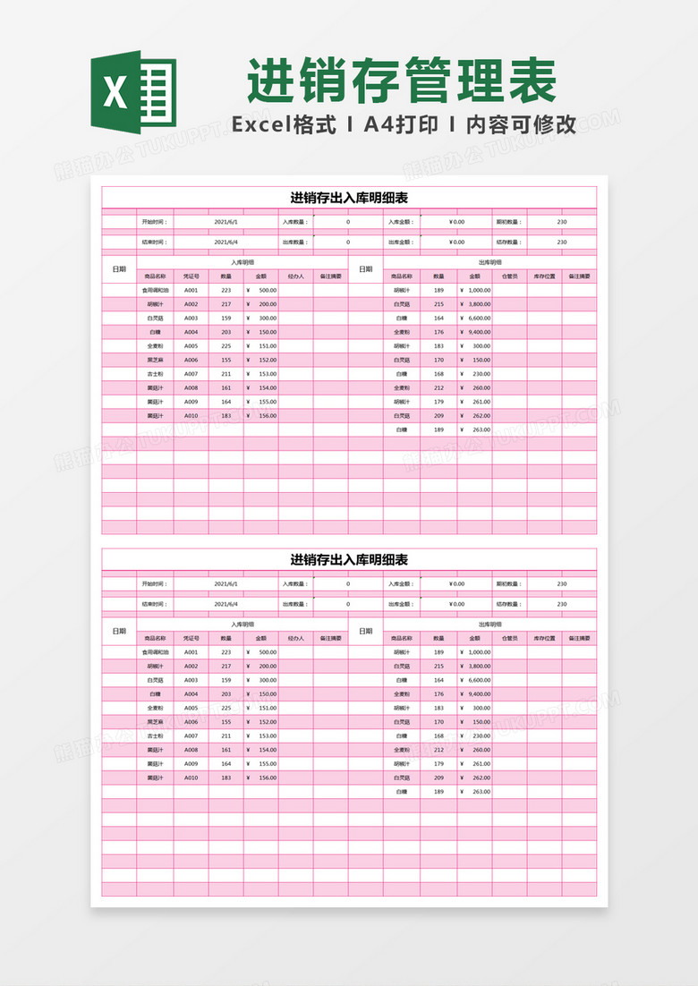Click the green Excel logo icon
pyautogui.click(x=133, y=92)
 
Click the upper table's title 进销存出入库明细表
pyautogui.click(x=349, y=198)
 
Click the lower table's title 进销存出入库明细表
pyautogui.click(x=349, y=560)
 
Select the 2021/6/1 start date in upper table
pyautogui.click(x=226, y=221)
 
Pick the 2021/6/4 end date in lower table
pyautogui.click(x=226, y=604)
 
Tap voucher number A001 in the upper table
pyautogui.click(x=191, y=290)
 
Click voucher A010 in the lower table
pyautogui.click(x=191, y=778)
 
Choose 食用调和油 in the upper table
pyautogui.click(x=155, y=290)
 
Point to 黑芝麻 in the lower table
pyautogui.click(x=155, y=722)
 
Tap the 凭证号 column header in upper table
pyautogui.click(x=191, y=276)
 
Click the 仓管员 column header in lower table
pyautogui.click(x=509, y=639)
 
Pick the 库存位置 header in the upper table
pyautogui.click(x=544, y=276)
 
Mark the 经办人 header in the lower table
pyautogui.click(x=295, y=639)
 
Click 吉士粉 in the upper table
pyautogui.click(x=155, y=374)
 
